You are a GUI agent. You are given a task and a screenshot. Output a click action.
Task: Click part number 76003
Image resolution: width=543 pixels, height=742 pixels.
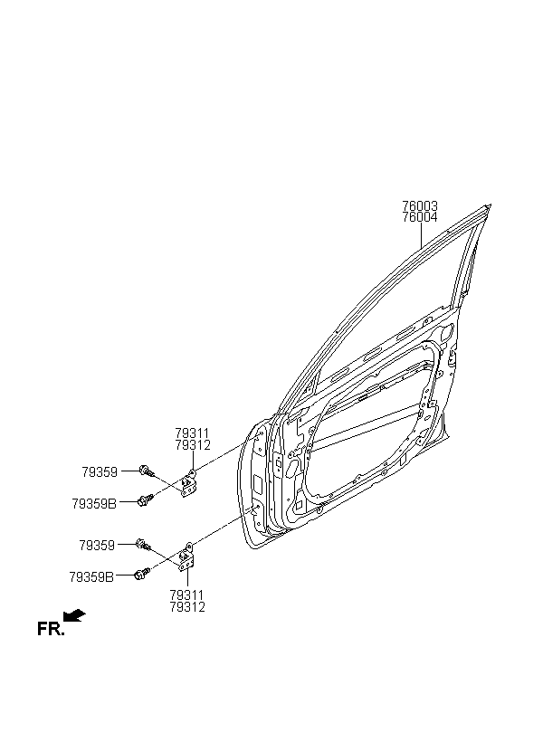(420, 206)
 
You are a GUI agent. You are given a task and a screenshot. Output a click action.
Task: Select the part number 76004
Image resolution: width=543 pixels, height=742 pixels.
(420, 218)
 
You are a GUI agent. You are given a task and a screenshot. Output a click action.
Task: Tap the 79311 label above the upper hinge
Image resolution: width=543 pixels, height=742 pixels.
(192, 433)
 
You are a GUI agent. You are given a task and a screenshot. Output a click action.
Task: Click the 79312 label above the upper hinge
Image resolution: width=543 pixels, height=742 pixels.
(192, 445)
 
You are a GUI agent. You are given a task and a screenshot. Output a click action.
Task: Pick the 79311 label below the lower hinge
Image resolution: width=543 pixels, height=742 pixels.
(187, 595)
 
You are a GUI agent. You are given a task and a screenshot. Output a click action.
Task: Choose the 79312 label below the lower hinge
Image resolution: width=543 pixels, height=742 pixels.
(187, 606)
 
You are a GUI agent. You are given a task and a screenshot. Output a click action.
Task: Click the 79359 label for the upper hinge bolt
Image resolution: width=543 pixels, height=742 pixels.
(100, 471)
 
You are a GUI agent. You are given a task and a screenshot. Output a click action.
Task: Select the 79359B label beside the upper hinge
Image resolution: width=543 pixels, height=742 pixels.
(94, 503)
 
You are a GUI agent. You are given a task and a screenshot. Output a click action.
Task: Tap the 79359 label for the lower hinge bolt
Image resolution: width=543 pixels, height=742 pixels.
(97, 546)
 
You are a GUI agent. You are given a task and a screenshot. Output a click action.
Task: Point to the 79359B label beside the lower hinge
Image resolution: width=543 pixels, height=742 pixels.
(91, 577)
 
